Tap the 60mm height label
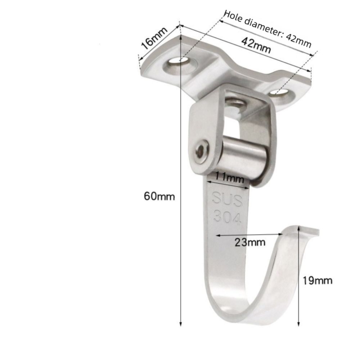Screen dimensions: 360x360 pyautogui.click(x=159, y=196)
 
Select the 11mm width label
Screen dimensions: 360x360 pyautogui.click(x=229, y=177)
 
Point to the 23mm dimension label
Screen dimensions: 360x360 pyautogui.click(x=250, y=242)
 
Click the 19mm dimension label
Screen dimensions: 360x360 pyautogui.click(x=318, y=280)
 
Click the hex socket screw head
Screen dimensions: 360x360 pyautogui.click(x=202, y=152)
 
